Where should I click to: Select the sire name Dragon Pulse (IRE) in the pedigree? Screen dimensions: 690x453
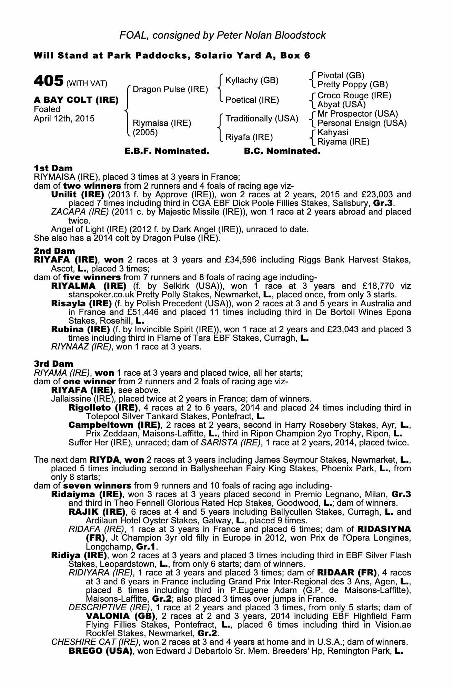170,89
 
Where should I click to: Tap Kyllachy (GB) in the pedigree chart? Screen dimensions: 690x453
252,80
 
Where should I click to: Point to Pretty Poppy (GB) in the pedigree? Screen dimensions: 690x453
352,85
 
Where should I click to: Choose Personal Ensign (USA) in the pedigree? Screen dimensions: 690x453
362,123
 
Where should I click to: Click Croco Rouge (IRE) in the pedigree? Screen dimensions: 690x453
354,95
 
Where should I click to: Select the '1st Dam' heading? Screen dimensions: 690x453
53,168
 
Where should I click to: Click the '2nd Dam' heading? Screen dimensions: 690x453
54,251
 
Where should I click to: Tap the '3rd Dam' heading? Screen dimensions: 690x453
53,364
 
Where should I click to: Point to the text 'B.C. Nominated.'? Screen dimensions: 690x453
282,151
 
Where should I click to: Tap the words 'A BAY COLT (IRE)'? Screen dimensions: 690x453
76,100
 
